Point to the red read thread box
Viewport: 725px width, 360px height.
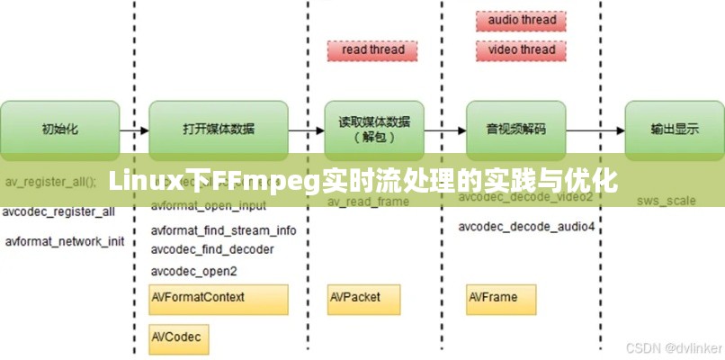point(373,50)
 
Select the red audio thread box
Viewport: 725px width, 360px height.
point(521,20)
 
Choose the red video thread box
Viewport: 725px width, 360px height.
point(521,50)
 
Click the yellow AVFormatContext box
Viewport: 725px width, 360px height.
point(218,298)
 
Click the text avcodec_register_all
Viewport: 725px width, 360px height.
point(58,213)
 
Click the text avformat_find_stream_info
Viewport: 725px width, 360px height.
point(223,230)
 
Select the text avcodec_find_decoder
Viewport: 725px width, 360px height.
point(212,249)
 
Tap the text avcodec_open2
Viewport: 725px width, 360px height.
point(193,271)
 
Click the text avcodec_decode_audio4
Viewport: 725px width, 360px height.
point(526,226)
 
